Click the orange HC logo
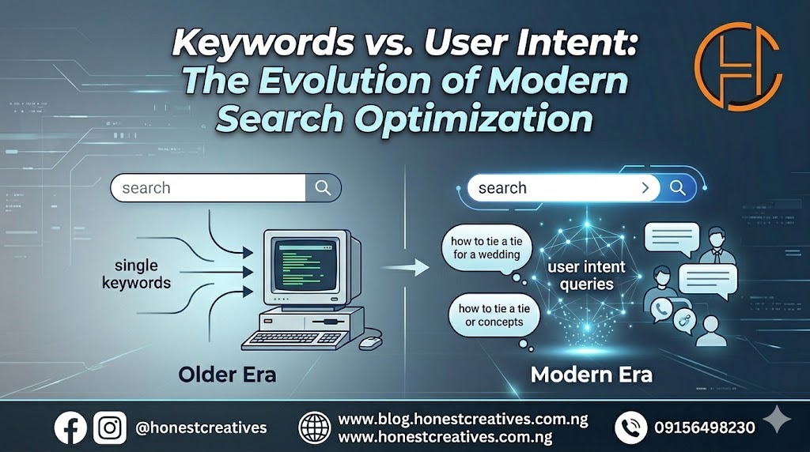click(x=738, y=66)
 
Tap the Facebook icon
click(x=70, y=428)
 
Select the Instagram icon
click(x=109, y=428)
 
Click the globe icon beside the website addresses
click(x=315, y=428)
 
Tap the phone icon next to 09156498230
click(x=630, y=428)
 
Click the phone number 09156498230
click(x=705, y=428)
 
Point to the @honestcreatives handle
click(x=201, y=428)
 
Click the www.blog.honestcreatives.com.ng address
click(x=463, y=419)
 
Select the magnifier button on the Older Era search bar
click(x=324, y=188)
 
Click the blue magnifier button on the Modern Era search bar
click(x=678, y=188)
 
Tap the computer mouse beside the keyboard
click(x=370, y=342)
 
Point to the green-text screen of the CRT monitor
click(x=303, y=265)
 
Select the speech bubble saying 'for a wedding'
click(x=486, y=249)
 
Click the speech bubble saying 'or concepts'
click(x=494, y=316)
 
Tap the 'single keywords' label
click(x=136, y=274)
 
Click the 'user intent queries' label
click(x=586, y=276)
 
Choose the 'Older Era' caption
click(x=227, y=375)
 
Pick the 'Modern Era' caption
click(x=592, y=375)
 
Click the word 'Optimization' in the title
click(x=473, y=119)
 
